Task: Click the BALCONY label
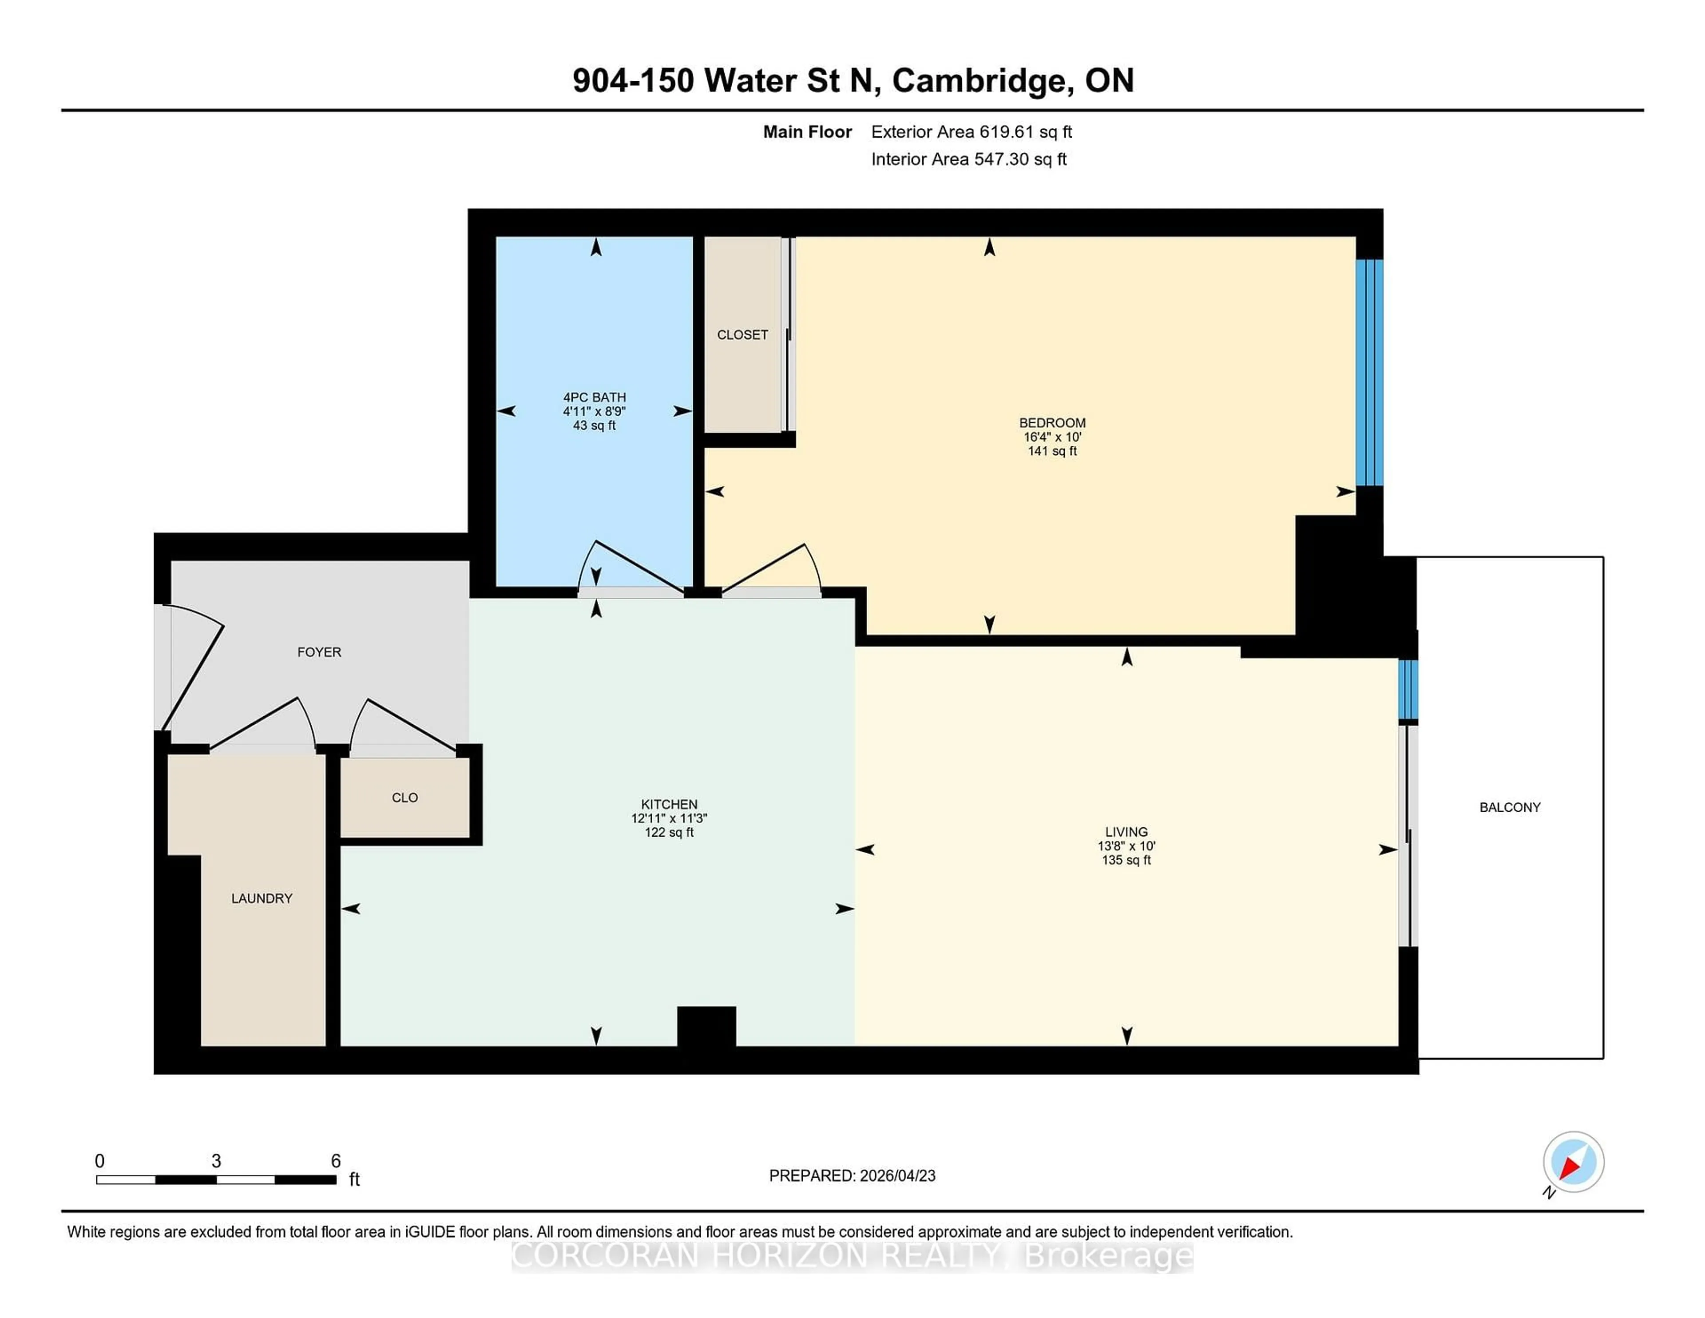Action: pos(1509,807)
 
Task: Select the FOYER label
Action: pos(319,652)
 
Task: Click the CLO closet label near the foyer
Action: pos(404,797)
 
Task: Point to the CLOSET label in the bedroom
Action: pos(742,335)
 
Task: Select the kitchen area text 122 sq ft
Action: pos(669,832)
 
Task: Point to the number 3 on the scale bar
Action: pos(216,1161)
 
